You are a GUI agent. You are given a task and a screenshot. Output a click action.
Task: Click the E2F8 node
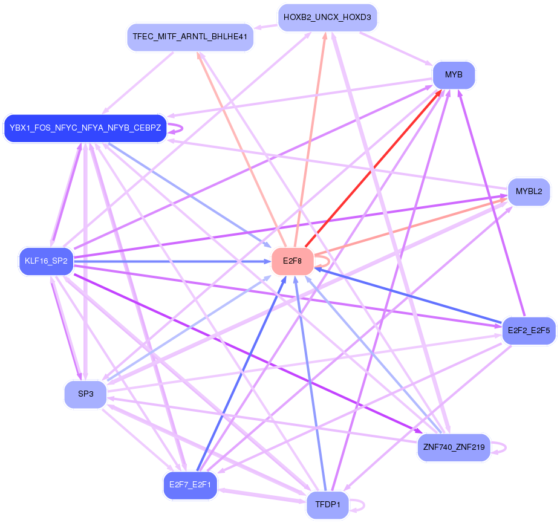tap(292, 261)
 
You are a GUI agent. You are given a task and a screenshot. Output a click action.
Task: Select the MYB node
tap(454, 75)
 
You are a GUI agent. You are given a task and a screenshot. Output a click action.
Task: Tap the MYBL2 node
tap(529, 192)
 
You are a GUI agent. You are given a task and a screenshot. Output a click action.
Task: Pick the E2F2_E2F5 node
tap(529, 331)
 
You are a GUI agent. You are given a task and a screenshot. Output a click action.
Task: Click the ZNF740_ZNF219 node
tap(454, 448)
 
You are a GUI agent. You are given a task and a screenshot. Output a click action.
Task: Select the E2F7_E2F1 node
tap(190, 485)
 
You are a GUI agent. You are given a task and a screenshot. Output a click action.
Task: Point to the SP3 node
tap(86, 394)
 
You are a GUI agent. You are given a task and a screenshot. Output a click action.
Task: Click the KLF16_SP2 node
tap(46, 262)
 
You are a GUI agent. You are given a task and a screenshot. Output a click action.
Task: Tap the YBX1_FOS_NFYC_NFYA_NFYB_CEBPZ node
tap(85, 128)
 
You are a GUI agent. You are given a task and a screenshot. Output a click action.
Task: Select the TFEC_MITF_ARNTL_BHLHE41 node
tap(190, 38)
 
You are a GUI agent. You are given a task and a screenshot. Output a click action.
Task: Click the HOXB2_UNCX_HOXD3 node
tap(327, 18)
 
